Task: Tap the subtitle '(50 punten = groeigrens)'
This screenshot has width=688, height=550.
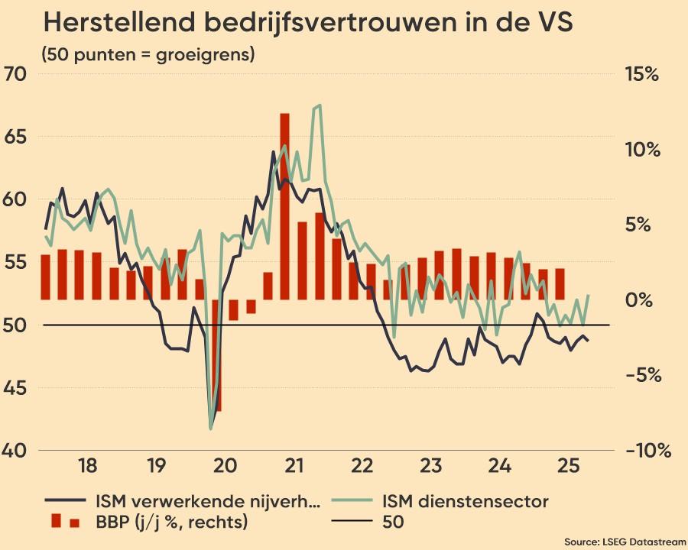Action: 148,55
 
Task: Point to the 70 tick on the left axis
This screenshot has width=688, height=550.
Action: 16,74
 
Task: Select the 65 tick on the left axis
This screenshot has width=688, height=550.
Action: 16,137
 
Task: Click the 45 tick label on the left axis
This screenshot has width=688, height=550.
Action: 16,388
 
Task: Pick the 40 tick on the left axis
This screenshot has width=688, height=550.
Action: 16,451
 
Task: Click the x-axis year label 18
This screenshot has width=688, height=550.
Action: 87,465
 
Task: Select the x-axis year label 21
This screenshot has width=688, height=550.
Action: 291,465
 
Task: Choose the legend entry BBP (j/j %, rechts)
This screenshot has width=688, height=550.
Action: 171,522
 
